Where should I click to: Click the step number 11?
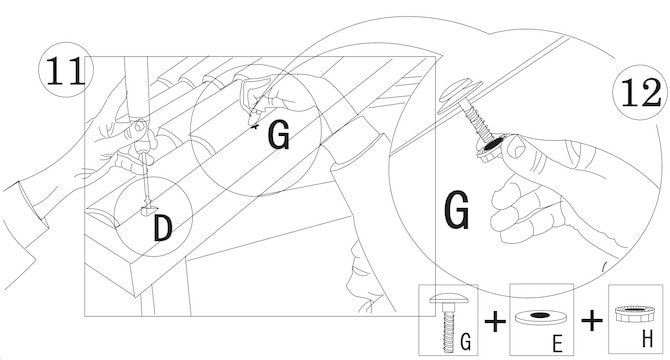pyautogui.click(x=65, y=71)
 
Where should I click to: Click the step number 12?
pyautogui.click(x=641, y=93)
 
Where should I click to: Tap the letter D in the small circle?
pyautogui.click(x=163, y=228)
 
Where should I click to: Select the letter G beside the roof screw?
pyautogui.click(x=279, y=135)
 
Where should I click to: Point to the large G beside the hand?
pyautogui.click(x=457, y=210)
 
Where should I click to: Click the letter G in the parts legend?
pyautogui.click(x=466, y=342)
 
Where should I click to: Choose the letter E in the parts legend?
pyautogui.click(x=558, y=343)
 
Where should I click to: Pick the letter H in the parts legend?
pyautogui.click(x=648, y=340)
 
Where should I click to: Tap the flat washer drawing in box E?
pyautogui.click(x=540, y=317)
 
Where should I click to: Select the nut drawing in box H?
pyautogui.click(x=635, y=314)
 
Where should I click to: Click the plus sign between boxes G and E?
pyautogui.click(x=495, y=322)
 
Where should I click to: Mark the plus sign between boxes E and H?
pyautogui.click(x=592, y=320)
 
